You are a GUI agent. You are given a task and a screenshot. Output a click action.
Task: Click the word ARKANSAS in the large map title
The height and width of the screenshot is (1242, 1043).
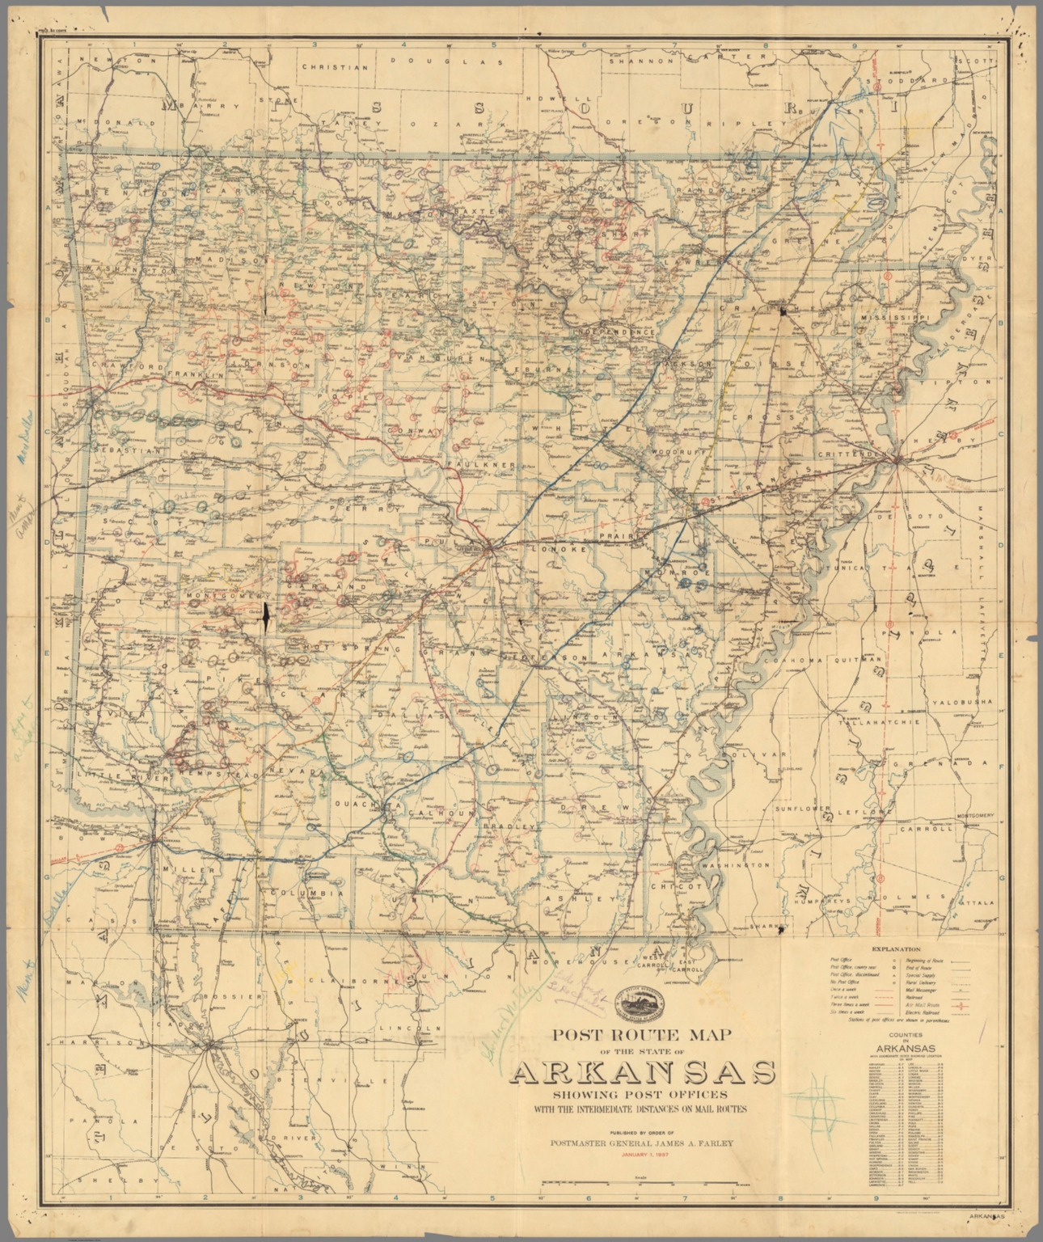click(644, 1072)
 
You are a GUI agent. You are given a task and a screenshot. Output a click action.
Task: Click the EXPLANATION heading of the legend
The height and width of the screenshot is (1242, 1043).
click(897, 948)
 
